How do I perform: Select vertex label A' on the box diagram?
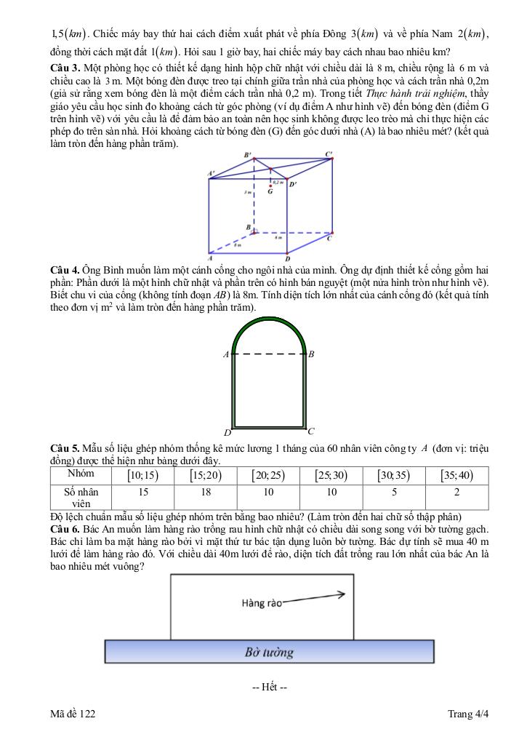(x=212, y=173)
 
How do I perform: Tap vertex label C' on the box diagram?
(x=329, y=154)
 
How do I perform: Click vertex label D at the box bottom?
(x=287, y=259)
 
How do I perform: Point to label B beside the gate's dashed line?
(x=311, y=354)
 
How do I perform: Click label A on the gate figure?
(x=225, y=354)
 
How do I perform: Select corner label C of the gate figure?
(x=311, y=431)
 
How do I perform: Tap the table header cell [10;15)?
(x=142, y=475)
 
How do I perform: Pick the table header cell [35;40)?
(x=456, y=475)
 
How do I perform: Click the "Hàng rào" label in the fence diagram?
(x=261, y=603)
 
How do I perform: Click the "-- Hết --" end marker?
(x=269, y=688)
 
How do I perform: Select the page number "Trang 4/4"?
(x=468, y=714)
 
